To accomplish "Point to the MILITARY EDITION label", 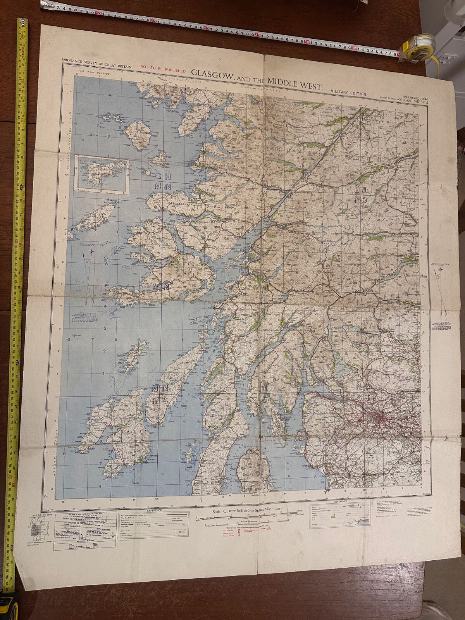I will pos(348,94).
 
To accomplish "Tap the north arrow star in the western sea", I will pos(92,251).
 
